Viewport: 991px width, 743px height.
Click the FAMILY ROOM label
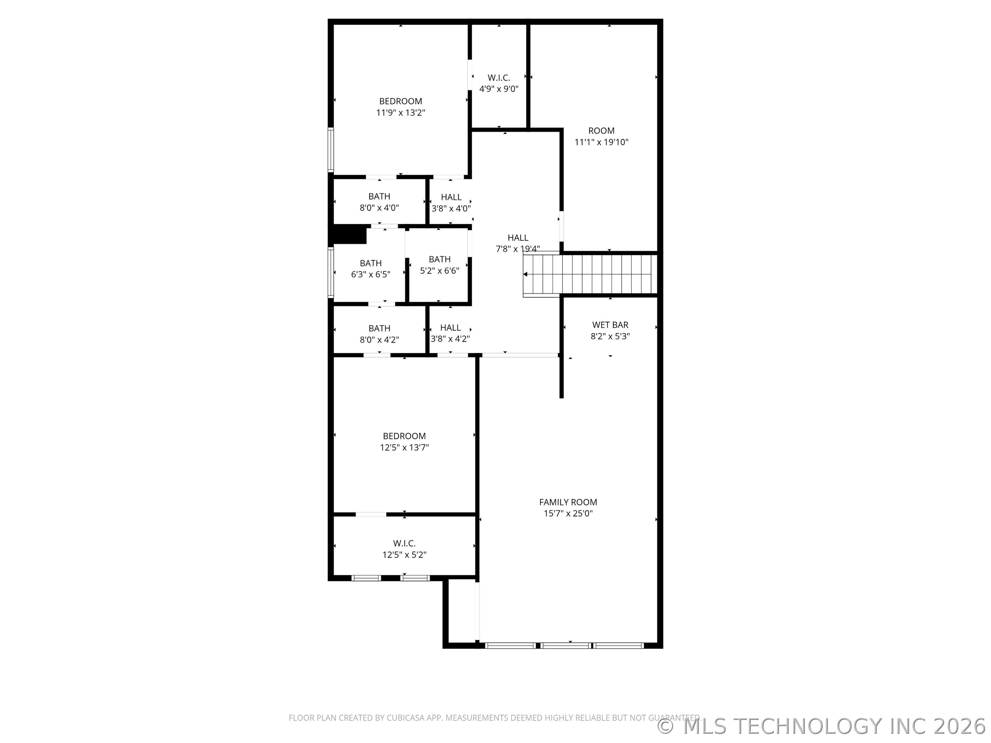click(568, 502)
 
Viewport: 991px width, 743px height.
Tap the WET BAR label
click(610, 325)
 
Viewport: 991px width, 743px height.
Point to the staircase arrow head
click(525, 274)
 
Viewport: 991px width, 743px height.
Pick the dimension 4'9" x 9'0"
click(499, 89)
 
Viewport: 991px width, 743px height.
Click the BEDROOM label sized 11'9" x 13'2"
click(400, 101)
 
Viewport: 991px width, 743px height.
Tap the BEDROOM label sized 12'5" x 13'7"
click(404, 436)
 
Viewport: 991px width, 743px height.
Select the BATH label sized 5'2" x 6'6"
click(439, 259)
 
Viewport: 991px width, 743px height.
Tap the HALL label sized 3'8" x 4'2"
click(450, 327)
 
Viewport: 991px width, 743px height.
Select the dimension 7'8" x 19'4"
click(518, 249)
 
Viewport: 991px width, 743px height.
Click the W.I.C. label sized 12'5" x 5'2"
click(404, 543)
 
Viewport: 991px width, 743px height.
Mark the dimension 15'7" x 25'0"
click(568, 513)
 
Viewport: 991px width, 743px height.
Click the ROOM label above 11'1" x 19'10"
click(601, 131)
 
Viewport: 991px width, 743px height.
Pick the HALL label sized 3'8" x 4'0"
click(451, 197)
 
